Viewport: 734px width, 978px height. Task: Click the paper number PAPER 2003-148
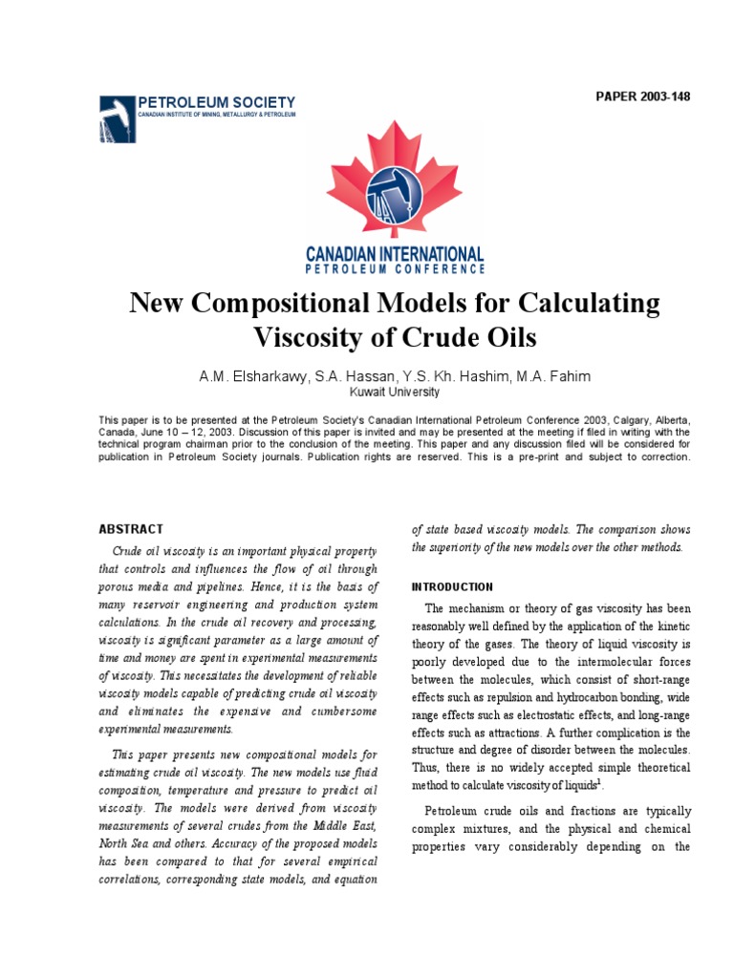coord(642,96)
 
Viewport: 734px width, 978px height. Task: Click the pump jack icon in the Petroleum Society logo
coord(116,118)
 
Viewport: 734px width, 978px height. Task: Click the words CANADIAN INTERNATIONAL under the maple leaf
coord(394,254)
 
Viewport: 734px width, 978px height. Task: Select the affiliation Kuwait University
coord(394,392)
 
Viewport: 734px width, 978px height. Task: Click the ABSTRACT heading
coord(131,529)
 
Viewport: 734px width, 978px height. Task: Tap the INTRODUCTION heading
coord(452,586)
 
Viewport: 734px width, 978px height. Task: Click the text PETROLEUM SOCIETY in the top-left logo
coord(217,102)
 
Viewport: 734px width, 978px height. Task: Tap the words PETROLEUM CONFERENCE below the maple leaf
coord(394,269)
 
